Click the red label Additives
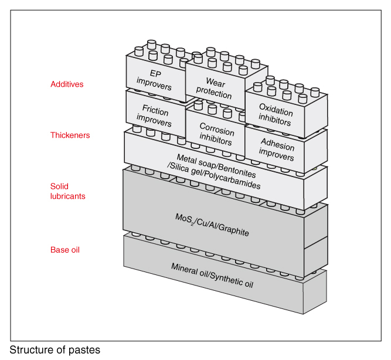coord(67,84)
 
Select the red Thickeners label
coord(70,135)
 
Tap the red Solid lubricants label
coord(68,191)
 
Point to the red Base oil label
coord(64,250)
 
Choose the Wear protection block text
coord(215,89)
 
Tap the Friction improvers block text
coord(154,116)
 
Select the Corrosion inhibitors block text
coord(216,134)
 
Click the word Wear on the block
coord(215,83)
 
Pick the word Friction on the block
coord(155,111)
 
